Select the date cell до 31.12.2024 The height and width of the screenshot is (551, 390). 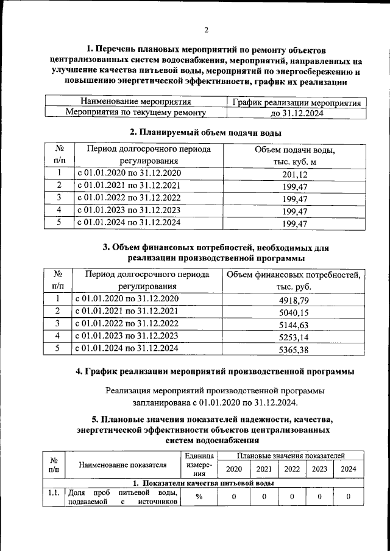(x=297, y=113)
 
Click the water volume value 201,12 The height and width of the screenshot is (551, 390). (x=294, y=175)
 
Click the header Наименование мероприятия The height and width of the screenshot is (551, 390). (x=136, y=102)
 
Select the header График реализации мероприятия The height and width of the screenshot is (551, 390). (x=297, y=102)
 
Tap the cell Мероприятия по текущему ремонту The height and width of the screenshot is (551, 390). (x=136, y=113)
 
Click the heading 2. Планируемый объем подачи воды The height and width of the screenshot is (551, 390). (x=206, y=132)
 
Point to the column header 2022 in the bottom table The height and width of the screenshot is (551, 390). (x=292, y=469)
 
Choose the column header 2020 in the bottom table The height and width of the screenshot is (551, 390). (x=233, y=469)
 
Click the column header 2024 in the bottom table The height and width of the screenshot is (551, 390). (x=349, y=469)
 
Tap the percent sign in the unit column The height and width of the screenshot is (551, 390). (x=199, y=497)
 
